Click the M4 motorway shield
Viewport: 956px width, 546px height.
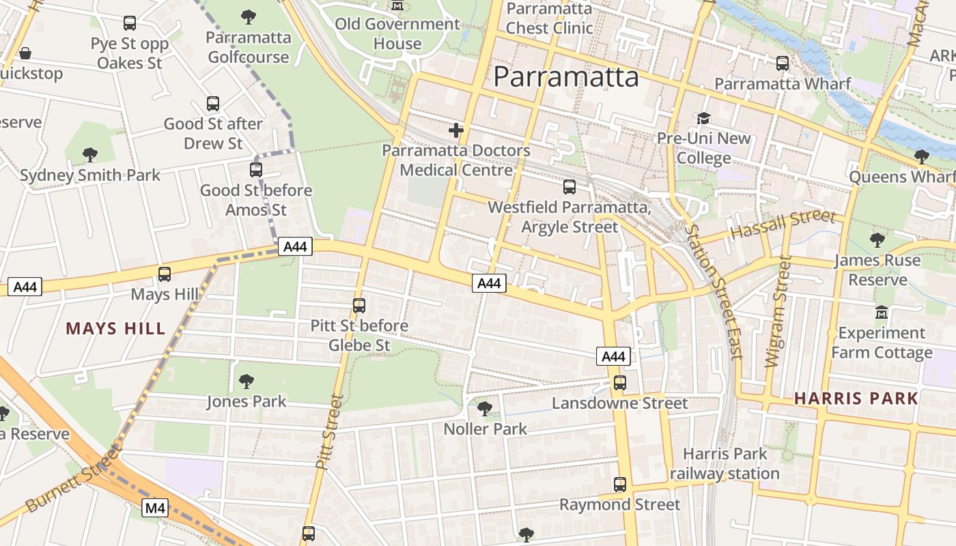156,508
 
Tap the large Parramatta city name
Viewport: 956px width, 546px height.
566,76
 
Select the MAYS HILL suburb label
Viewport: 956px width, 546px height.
115,329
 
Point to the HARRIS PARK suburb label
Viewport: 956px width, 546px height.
856,399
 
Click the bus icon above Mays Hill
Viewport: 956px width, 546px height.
165,274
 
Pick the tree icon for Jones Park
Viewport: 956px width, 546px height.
247,382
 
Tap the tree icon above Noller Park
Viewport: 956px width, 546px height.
485,409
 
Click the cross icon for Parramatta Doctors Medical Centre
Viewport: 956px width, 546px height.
456,130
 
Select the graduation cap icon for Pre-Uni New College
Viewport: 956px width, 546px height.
703,119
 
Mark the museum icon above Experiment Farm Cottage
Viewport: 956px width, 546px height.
882,313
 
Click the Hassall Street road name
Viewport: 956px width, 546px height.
783,225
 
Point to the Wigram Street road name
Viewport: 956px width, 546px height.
778,311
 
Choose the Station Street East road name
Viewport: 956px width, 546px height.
714,291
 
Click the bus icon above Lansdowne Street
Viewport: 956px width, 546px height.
619,383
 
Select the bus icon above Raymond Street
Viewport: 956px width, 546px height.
619,485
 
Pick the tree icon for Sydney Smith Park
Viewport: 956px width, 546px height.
89,155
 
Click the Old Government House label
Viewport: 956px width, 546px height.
397,34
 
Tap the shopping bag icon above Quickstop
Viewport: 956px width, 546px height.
25,53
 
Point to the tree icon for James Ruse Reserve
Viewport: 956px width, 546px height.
877,240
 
